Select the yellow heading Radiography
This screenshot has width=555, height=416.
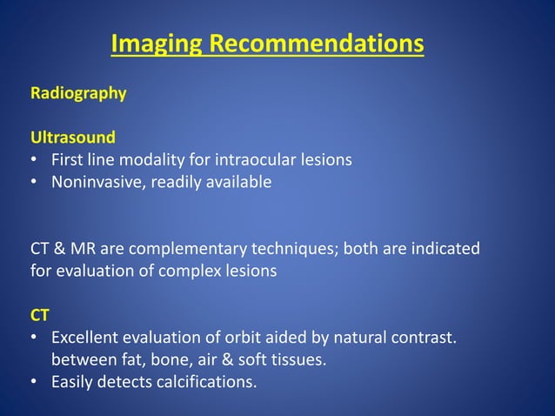[x=78, y=93]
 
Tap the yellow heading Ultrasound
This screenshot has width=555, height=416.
[x=73, y=138]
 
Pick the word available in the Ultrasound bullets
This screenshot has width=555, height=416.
[x=240, y=183]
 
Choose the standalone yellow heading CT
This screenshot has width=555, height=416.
[x=41, y=315]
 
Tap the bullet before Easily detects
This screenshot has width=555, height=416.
[x=34, y=381]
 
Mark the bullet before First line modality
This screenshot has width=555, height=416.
[x=34, y=160]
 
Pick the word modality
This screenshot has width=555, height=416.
[x=148, y=160]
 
